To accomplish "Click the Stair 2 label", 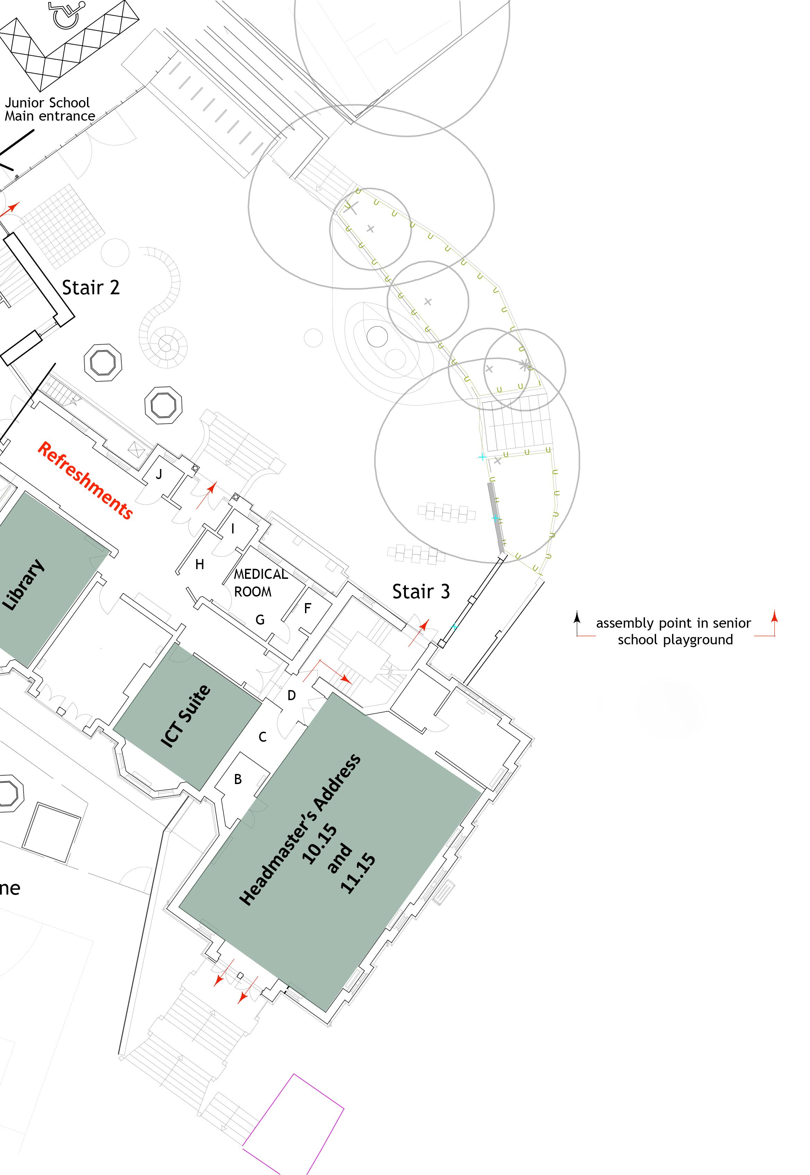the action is [91, 288].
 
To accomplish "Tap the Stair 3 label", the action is [421, 591].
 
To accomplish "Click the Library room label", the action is [24, 584].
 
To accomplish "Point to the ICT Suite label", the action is [186, 716].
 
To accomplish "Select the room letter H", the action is [199, 564].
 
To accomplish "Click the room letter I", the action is [233, 529].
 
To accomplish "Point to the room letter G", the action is [260, 619].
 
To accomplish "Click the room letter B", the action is [237, 779].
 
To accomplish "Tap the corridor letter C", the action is [262, 737].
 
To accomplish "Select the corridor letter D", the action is [291, 695].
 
